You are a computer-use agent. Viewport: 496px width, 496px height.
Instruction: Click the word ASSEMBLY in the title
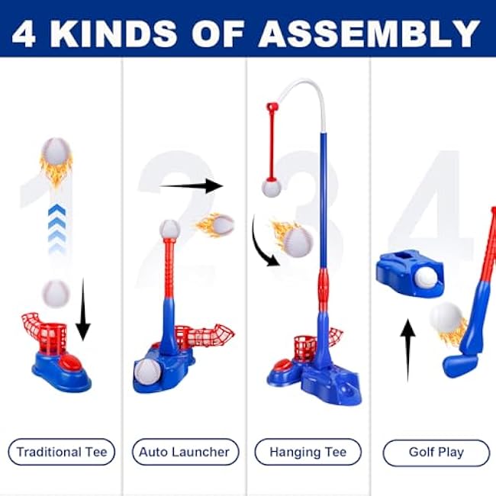[369, 34]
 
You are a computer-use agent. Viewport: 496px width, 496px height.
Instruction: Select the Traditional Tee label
[62, 452]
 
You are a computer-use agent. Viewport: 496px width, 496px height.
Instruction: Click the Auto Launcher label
[185, 452]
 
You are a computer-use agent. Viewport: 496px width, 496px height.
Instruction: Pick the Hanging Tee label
[308, 452]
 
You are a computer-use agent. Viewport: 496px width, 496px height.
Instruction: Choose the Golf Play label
[436, 453]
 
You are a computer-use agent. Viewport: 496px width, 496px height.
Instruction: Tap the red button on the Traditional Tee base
[71, 362]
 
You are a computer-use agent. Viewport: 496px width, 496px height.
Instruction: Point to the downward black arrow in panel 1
[83, 309]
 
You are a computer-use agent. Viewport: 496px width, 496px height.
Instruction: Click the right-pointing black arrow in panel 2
[192, 186]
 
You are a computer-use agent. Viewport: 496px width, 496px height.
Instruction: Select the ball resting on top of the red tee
[169, 230]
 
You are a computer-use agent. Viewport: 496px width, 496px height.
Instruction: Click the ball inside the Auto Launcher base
[147, 372]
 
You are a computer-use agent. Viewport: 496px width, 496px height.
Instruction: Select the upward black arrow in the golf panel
[407, 350]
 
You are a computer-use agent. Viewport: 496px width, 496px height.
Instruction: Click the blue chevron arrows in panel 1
[57, 228]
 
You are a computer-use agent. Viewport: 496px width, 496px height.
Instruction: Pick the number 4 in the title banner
[24, 34]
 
